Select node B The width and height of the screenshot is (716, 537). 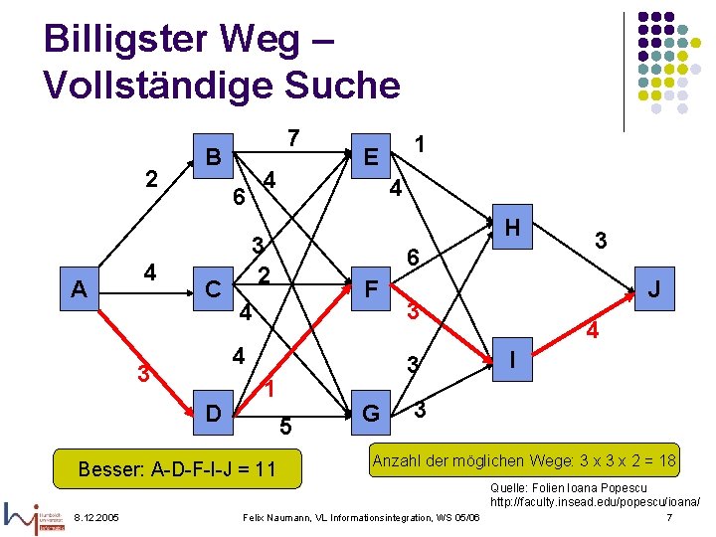pyautogui.click(x=212, y=156)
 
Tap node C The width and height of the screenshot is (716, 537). pyautogui.click(x=212, y=289)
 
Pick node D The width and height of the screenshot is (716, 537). pyautogui.click(x=212, y=411)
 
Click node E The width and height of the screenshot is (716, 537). pyautogui.click(x=371, y=157)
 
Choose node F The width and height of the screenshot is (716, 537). pyautogui.click(x=371, y=290)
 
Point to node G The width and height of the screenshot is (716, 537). pyautogui.click(x=371, y=411)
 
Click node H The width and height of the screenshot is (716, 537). pyautogui.click(x=512, y=228)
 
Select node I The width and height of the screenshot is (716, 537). pyautogui.click(x=512, y=356)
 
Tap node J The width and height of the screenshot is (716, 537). pyautogui.click(x=653, y=290)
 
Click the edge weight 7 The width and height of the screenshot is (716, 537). pyautogui.click(x=292, y=137)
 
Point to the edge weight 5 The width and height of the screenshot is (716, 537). pyautogui.click(x=284, y=428)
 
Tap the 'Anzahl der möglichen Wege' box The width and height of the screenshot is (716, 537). pyautogui.click(x=524, y=460)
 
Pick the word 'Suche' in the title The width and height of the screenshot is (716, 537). pyautogui.click(x=339, y=86)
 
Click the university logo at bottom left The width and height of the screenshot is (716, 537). pyautogui.click(x=35, y=516)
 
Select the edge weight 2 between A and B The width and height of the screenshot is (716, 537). pyautogui.click(x=151, y=179)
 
